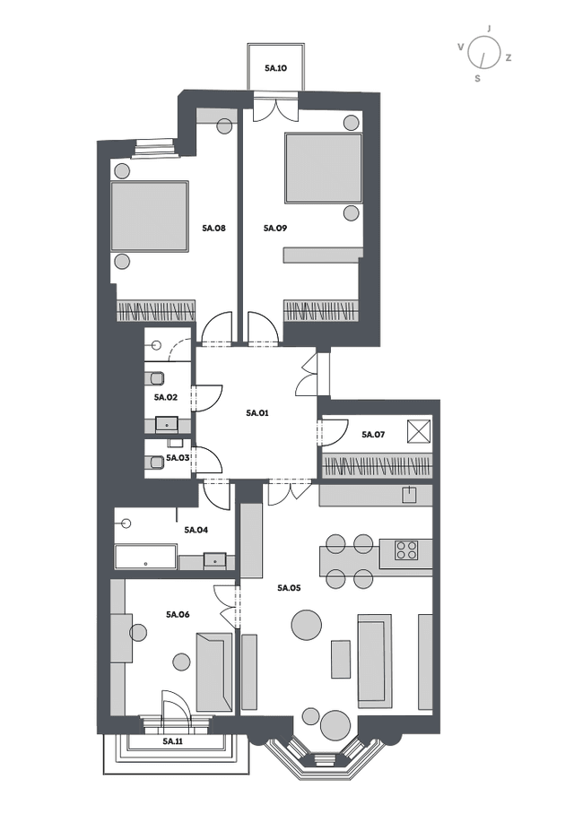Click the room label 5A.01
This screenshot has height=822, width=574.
[257, 413]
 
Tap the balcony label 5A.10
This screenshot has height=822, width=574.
[276, 68]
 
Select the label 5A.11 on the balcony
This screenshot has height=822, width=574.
[172, 741]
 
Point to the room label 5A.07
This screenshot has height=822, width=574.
[374, 435]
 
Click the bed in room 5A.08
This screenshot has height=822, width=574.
[150, 217]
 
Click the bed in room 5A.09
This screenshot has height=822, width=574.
[323, 168]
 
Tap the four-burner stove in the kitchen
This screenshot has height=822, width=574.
[406, 549]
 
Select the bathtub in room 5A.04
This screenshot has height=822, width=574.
[146, 557]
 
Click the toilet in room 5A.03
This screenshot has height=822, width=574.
[156, 463]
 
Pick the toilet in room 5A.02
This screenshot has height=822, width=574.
[156, 377]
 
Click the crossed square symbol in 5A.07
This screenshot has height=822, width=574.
[419, 432]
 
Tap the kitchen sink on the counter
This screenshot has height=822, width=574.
[409, 495]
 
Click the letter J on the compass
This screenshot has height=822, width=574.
[489, 29]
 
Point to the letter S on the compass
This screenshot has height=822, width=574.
[477, 79]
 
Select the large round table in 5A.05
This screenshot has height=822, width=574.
[307, 626]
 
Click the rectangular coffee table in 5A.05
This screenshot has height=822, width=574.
[341, 659]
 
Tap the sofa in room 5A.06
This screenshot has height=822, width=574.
[213, 672]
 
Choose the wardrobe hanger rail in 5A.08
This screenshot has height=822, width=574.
[156, 310]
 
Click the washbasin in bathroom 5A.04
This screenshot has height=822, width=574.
[215, 560]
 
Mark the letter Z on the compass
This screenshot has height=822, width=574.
[509, 57]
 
